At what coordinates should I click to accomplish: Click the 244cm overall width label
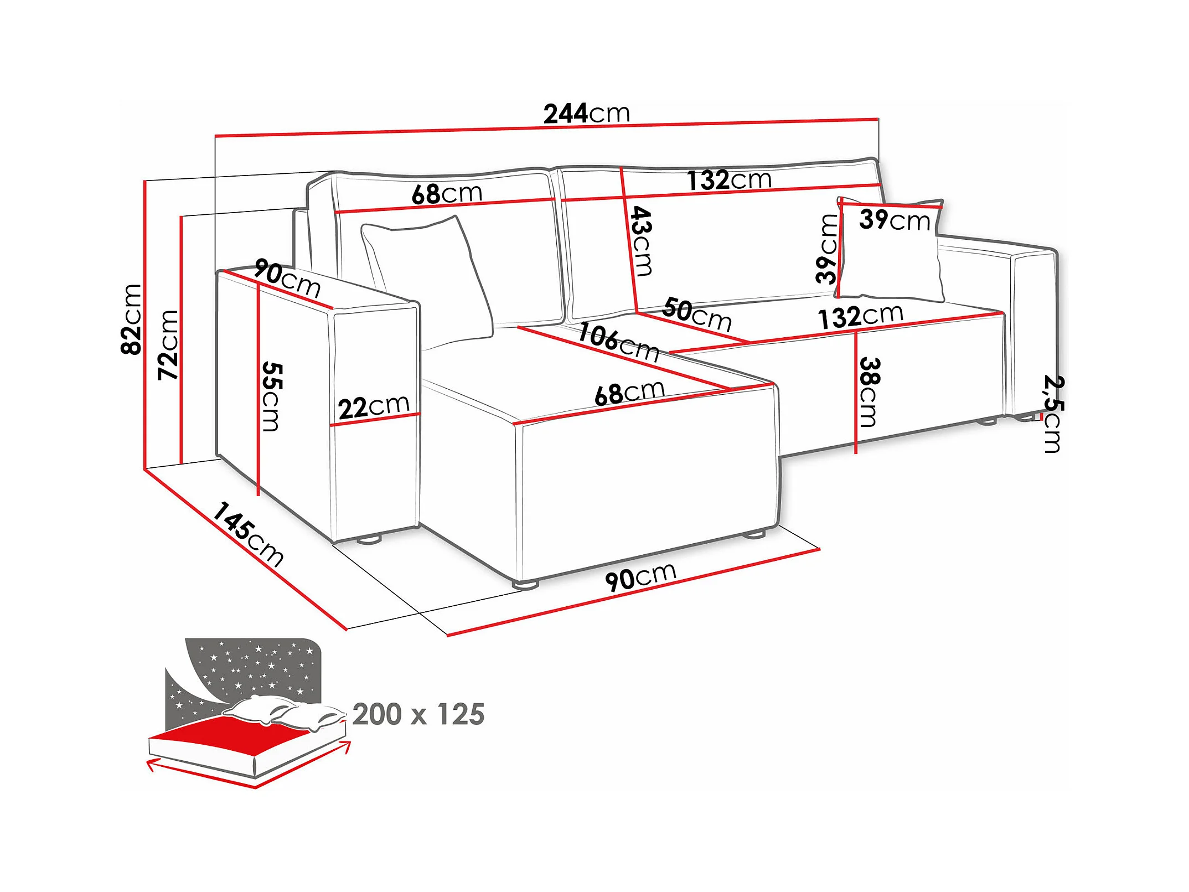point(587,114)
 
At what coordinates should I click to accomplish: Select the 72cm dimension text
point(168,344)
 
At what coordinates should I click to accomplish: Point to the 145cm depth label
point(248,534)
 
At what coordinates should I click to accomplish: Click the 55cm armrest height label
point(272,396)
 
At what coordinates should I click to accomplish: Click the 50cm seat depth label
point(697,314)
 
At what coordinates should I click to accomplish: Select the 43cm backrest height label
point(642,241)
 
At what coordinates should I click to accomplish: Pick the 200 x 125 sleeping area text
point(418,714)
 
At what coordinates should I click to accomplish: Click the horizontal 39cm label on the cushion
point(895,220)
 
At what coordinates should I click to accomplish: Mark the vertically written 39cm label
point(828,249)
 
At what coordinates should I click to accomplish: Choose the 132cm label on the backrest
point(729,180)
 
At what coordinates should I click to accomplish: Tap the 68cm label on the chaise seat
point(629,393)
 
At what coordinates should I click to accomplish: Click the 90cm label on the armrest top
point(287,279)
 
